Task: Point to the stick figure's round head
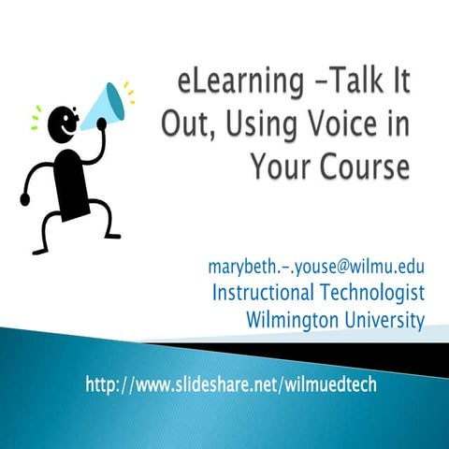point(62,123)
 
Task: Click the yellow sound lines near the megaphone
point(128,94)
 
